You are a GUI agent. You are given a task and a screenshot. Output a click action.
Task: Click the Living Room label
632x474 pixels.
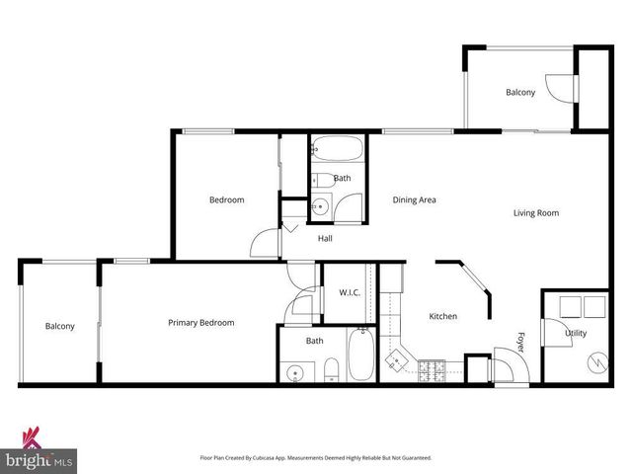(536, 213)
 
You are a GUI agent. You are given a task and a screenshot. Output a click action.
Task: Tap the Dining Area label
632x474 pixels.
(415, 199)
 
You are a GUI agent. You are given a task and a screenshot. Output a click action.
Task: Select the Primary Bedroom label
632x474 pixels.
(200, 323)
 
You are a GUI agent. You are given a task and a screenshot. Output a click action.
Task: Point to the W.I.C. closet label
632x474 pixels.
(349, 292)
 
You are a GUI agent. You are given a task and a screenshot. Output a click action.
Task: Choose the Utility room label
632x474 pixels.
(575, 334)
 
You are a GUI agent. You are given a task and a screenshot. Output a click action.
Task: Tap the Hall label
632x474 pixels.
(325, 239)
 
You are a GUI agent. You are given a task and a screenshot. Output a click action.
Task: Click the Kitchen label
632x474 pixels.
(442, 317)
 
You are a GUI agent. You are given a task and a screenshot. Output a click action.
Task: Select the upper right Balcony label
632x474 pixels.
(520, 93)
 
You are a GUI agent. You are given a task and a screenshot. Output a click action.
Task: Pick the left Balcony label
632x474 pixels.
(59, 327)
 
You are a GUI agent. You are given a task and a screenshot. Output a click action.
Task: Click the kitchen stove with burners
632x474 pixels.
(432, 371)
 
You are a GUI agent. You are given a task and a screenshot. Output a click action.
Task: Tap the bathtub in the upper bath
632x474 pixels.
(338, 152)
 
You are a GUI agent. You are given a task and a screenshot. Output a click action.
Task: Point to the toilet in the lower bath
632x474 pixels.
(332, 370)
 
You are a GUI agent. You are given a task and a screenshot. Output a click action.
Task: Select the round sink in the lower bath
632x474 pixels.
(294, 372)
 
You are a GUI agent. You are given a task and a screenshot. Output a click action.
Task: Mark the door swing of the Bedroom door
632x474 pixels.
(265, 243)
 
